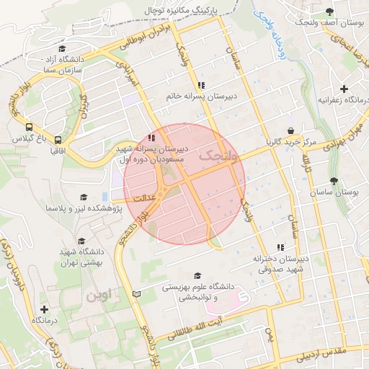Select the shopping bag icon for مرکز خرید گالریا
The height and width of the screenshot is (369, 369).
[x=290, y=130]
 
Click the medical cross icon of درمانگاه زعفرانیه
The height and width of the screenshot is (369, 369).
[x=344, y=88]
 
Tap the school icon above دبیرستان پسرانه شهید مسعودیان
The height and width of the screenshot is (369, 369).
[x=151, y=137]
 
